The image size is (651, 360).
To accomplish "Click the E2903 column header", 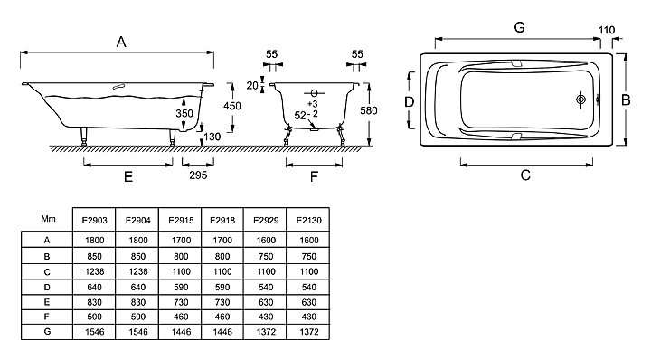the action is coord(94,220).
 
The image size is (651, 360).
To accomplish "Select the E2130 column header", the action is coord(309,220).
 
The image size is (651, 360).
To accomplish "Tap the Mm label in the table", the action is coord(48,218).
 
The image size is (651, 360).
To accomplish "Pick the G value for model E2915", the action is coord(181,332).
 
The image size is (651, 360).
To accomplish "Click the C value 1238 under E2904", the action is coord(137,271).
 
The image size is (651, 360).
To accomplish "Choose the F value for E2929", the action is coord(266,317).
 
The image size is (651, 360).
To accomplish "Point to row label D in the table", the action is coord(47,287).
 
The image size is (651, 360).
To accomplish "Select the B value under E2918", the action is coord(222,256).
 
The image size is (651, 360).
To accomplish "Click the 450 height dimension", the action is coord(232,107).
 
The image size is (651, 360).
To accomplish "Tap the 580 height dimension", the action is coord(369,110).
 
